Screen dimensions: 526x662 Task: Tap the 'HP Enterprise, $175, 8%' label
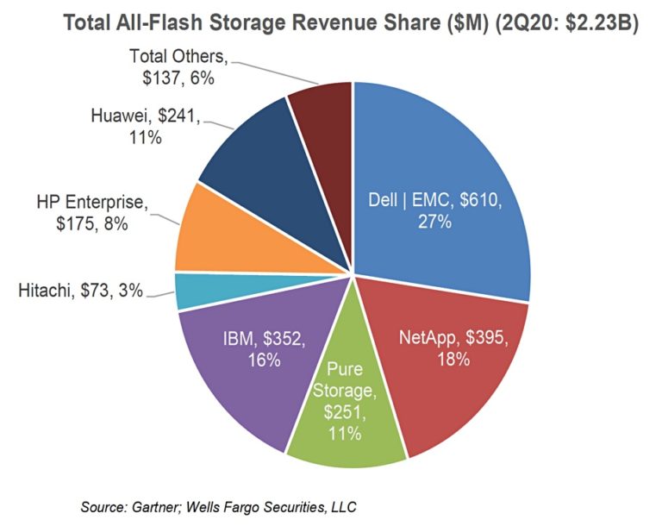point(93,214)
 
